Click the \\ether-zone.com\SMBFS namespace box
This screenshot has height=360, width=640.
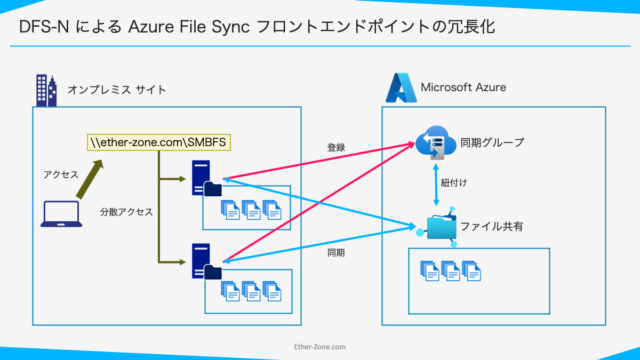coord(159,142)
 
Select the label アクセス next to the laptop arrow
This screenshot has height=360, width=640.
coord(60,174)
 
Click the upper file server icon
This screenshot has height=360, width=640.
coord(207,181)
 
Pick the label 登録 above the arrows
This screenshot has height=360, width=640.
coord(336,147)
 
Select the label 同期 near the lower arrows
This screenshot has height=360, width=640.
coord(336,253)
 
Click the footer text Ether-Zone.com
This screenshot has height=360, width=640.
coord(319,349)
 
